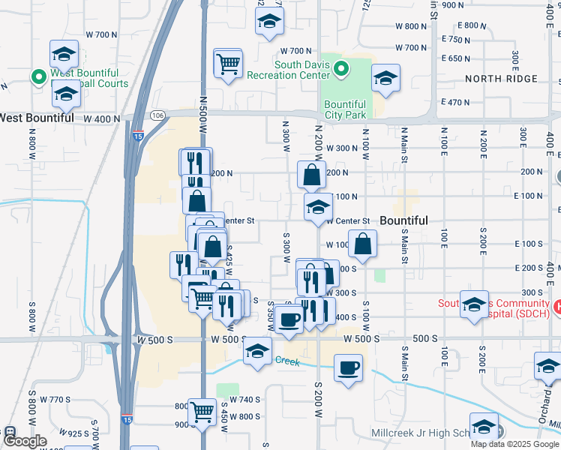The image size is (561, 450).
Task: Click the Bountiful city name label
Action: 403,220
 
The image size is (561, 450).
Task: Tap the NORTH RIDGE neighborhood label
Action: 500,79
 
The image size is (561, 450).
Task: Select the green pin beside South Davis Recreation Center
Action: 341,70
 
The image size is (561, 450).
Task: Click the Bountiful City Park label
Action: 345,109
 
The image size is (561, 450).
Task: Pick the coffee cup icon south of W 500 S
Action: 348,369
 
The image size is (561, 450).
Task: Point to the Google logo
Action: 25,441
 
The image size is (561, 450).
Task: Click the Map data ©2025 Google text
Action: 513,444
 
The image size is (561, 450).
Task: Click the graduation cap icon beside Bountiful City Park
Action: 385,78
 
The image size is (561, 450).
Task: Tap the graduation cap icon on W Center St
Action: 318,207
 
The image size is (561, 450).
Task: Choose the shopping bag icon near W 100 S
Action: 363,244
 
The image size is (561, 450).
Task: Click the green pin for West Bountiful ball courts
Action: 36,76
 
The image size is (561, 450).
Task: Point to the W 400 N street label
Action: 101,118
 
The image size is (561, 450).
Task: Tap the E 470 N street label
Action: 456,101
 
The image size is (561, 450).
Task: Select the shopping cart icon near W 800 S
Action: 202,411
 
